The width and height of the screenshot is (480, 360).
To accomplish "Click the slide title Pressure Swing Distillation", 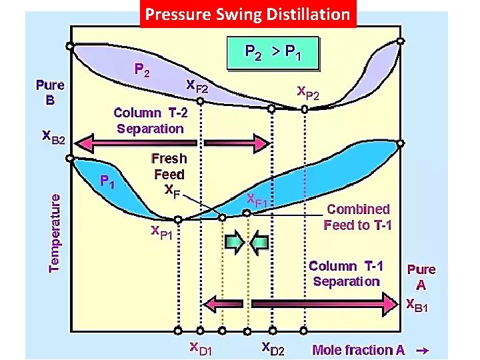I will click(x=247, y=14).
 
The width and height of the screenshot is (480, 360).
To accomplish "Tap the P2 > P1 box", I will click(x=273, y=51).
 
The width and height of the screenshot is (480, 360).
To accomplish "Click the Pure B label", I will click(x=50, y=92).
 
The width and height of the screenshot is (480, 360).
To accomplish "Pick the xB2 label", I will click(x=54, y=138).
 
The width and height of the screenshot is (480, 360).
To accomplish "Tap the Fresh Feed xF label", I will click(x=169, y=173).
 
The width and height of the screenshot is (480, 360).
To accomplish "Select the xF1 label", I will click(x=257, y=199).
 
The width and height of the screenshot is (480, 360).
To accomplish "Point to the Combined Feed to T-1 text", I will click(x=358, y=217).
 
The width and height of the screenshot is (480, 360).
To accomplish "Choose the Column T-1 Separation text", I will click(x=346, y=273).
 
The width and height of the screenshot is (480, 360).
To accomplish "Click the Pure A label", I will click(x=421, y=276).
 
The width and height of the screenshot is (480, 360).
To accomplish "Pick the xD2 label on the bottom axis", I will click(x=273, y=347).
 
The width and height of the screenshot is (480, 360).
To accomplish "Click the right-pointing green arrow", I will click(x=234, y=241).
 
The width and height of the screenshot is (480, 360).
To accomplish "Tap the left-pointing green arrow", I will click(x=259, y=241).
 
